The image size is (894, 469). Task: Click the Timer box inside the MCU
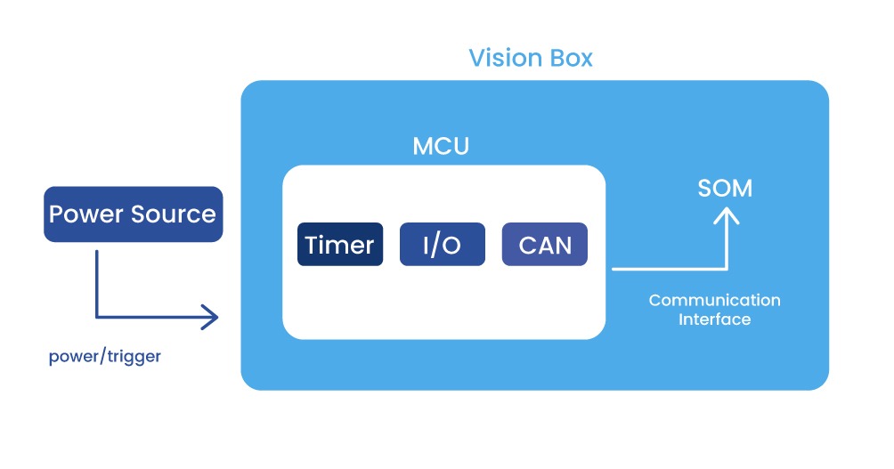pyautogui.click(x=340, y=245)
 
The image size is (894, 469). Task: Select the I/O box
pyautogui.click(x=442, y=245)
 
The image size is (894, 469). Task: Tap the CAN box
pyautogui.click(x=545, y=245)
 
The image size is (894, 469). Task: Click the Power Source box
pyautogui.click(x=133, y=214)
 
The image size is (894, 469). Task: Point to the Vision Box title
pyautogui.click(x=531, y=59)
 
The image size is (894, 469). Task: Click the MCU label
pyautogui.click(x=441, y=146)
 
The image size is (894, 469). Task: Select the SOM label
pyautogui.click(x=726, y=189)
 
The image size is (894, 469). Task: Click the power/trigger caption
pyautogui.click(x=105, y=357)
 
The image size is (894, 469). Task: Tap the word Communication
pyautogui.click(x=714, y=300)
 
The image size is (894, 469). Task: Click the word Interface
pyautogui.click(x=714, y=319)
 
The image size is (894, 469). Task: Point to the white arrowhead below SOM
pyautogui.click(x=727, y=215)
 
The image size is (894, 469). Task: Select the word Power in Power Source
pyautogui.click(x=86, y=214)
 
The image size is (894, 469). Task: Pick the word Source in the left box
pyautogui.click(x=174, y=214)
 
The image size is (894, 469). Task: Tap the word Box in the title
pyautogui.click(x=572, y=59)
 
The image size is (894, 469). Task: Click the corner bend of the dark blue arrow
pyautogui.click(x=97, y=316)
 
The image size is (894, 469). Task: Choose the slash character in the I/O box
pyautogui.click(x=442, y=245)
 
